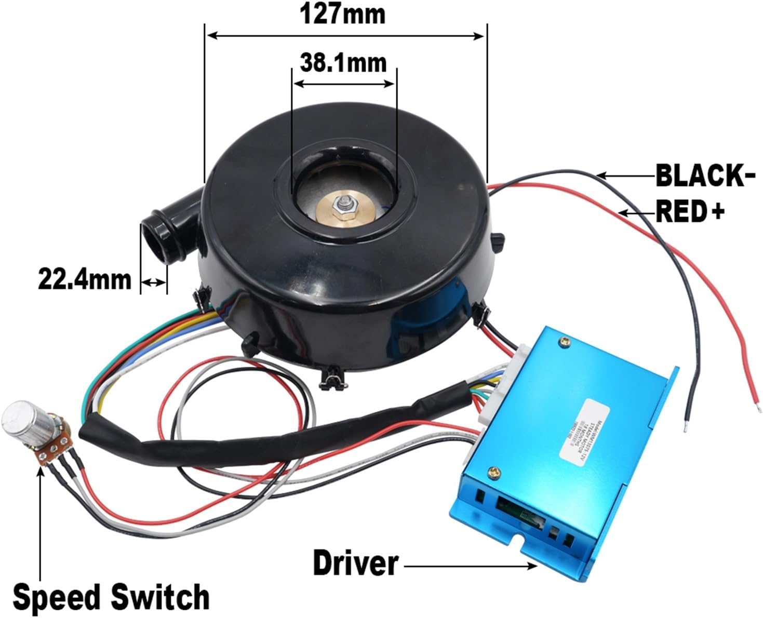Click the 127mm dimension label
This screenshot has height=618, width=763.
343,15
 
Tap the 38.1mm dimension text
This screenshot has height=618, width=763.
343,63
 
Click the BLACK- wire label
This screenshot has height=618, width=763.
705,176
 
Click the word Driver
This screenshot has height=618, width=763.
356,563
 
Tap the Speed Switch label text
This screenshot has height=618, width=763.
111,597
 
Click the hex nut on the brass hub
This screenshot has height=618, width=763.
344,203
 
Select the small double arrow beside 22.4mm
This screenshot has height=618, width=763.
154,282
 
